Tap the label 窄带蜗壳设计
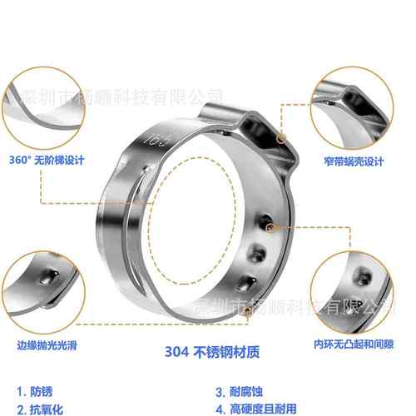click(x=362, y=157)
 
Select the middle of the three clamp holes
click(x=259, y=252)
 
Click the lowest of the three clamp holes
click(x=248, y=280)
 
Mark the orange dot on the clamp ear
click(x=283, y=136)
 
